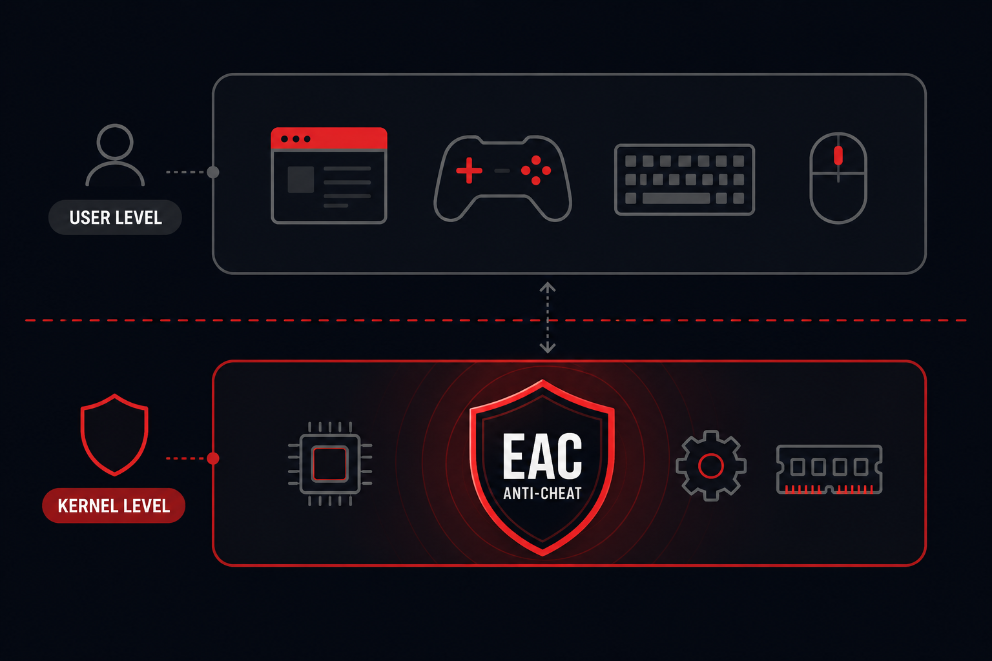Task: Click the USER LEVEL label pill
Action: [x=115, y=218]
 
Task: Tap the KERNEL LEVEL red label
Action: [x=114, y=505]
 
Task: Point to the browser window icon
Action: [x=329, y=176]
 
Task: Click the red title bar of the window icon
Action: [x=329, y=139]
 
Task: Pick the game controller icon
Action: [x=502, y=178]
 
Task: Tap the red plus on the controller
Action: [x=469, y=170]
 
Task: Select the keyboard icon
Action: [x=685, y=179]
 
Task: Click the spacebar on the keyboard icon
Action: [x=676, y=198]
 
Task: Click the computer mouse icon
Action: [x=838, y=178]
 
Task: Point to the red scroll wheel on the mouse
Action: [x=838, y=156]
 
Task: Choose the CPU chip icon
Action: [x=330, y=463]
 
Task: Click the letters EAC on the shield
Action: [x=542, y=456]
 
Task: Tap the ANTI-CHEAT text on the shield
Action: [x=542, y=493]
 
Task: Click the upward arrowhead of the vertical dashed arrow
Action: [x=548, y=287]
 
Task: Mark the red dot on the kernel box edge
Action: [x=213, y=458]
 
